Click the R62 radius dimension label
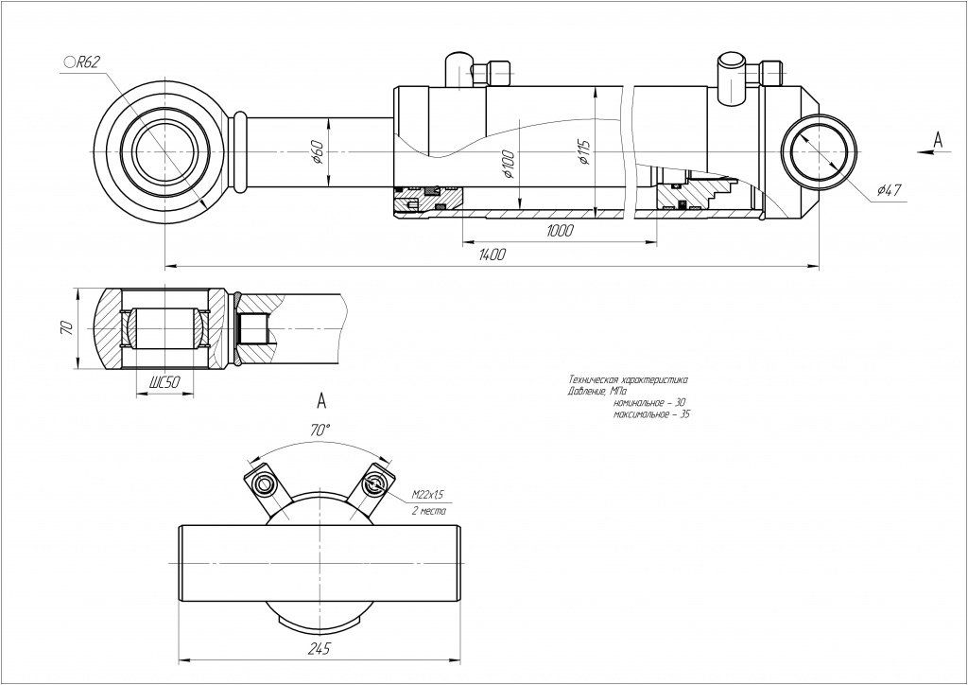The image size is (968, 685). (x=83, y=62)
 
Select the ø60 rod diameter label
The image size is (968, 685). (x=319, y=151)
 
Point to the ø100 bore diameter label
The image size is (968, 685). (x=509, y=163)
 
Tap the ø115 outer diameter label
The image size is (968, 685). (x=585, y=151)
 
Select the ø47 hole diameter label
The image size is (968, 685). (x=889, y=190)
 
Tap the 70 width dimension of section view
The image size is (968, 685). (x=66, y=328)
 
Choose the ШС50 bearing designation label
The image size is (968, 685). (x=164, y=382)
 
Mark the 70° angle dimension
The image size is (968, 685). (x=320, y=430)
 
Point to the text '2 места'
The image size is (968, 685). (x=428, y=510)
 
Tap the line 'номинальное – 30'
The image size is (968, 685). (x=650, y=403)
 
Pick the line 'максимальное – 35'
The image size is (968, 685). (x=651, y=414)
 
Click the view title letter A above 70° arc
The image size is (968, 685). (x=320, y=398)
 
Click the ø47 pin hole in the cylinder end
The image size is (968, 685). (x=821, y=153)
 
